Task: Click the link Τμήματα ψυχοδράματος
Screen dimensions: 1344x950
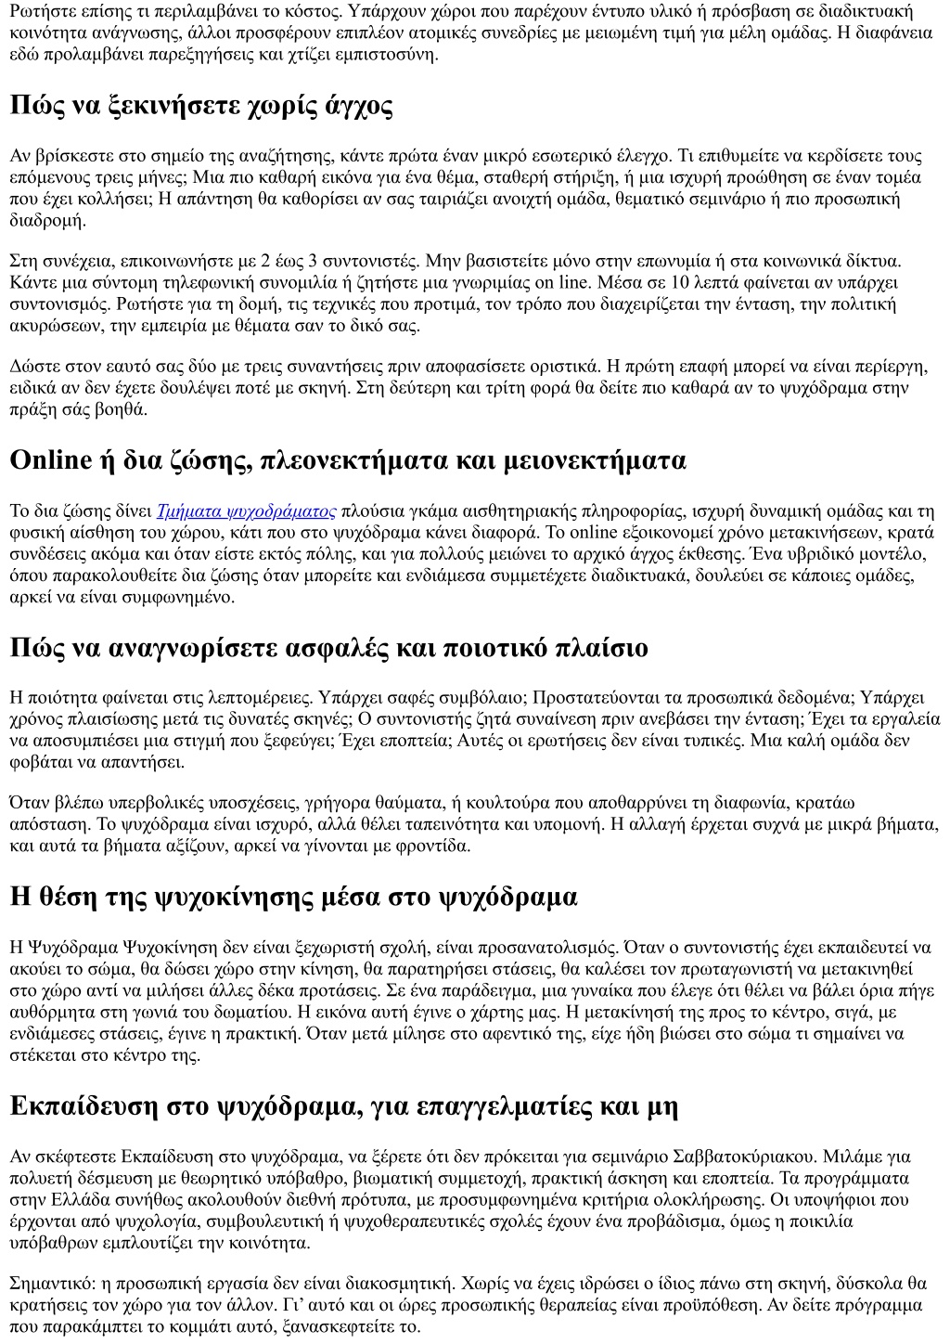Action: tap(247, 511)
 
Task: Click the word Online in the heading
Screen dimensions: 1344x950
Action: tap(51, 460)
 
